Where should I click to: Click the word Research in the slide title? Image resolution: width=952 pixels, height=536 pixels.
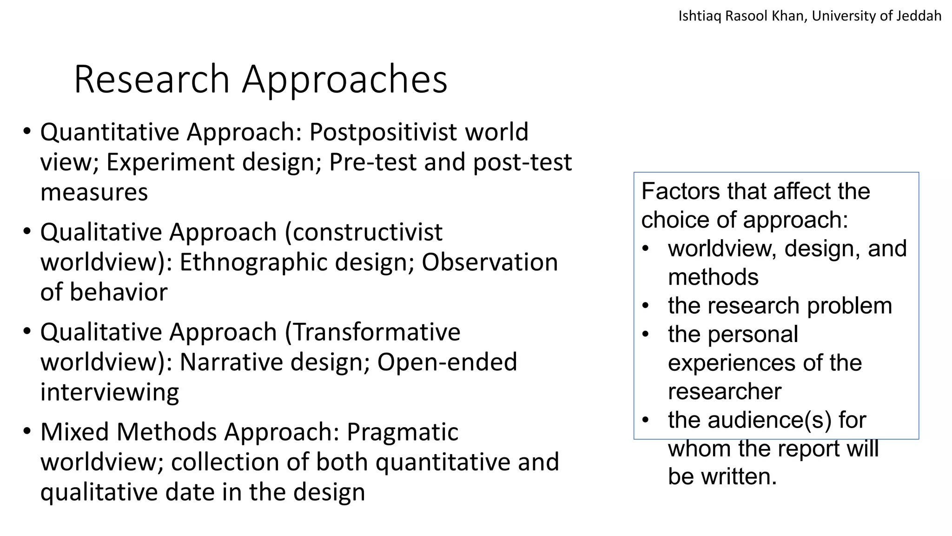click(x=152, y=79)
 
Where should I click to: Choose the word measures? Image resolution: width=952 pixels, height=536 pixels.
click(x=94, y=192)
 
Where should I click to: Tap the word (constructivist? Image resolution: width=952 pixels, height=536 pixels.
click(x=364, y=232)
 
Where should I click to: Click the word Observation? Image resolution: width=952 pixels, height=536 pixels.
click(x=489, y=262)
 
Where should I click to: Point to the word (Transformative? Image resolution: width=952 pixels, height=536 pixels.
click(x=372, y=332)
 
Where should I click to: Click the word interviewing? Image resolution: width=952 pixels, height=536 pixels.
click(x=110, y=392)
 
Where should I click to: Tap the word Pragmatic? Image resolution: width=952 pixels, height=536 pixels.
click(x=403, y=432)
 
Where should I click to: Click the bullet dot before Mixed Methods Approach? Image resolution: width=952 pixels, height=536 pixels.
click(x=27, y=431)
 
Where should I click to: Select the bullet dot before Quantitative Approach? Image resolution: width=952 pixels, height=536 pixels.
click(x=27, y=131)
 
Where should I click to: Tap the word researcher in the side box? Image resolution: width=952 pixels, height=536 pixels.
click(x=724, y=391)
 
